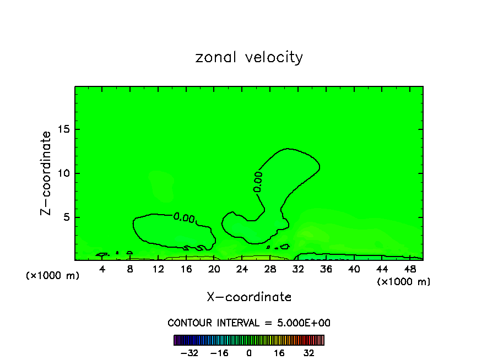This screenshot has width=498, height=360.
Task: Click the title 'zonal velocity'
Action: click(x=249, y=57)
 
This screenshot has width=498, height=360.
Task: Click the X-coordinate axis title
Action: click(x=249, y=297)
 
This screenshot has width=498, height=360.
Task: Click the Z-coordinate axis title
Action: click(x=46, y=173)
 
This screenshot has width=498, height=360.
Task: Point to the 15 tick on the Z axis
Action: click(x=64, y=129)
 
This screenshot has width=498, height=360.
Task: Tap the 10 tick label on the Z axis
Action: click(x=64, y=173)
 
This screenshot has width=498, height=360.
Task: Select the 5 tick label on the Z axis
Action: click(x=67, y=216)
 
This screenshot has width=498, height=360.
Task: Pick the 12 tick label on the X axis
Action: click(x=158, y=269)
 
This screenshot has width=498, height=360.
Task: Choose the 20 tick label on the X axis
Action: click(x=214, y=269)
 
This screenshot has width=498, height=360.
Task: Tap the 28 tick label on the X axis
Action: click(x=270, y=269)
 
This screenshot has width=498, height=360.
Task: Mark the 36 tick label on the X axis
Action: click(x=326, y=269)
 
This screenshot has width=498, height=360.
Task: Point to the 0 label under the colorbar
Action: click(x=249, y=353)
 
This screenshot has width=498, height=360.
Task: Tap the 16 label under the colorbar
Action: click(x=280, y=353)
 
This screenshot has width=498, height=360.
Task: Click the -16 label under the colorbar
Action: click(x=219, y=353)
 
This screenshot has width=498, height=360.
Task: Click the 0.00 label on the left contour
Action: click(x=184, y=217)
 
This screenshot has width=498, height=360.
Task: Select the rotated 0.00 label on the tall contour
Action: click(x=258, y=182)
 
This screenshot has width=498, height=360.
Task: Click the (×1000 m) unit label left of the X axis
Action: click(x=53, y=276)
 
